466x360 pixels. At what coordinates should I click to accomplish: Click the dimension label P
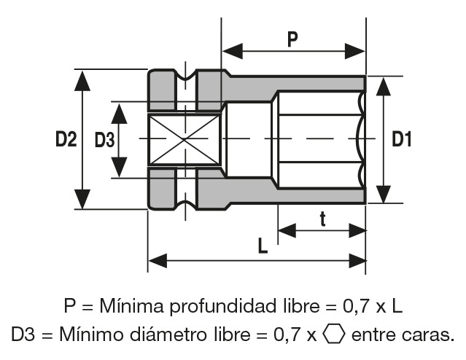pos(292,39)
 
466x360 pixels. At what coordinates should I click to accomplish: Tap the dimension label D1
pos(401,138)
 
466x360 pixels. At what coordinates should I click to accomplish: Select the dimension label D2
pos(66,138)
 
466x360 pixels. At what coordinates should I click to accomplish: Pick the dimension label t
pos(322,218)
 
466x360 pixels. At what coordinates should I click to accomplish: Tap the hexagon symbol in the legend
pos(334,335)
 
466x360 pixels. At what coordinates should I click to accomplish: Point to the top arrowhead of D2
pos(83,79)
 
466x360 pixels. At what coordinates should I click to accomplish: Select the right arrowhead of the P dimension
pos(356,51)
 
